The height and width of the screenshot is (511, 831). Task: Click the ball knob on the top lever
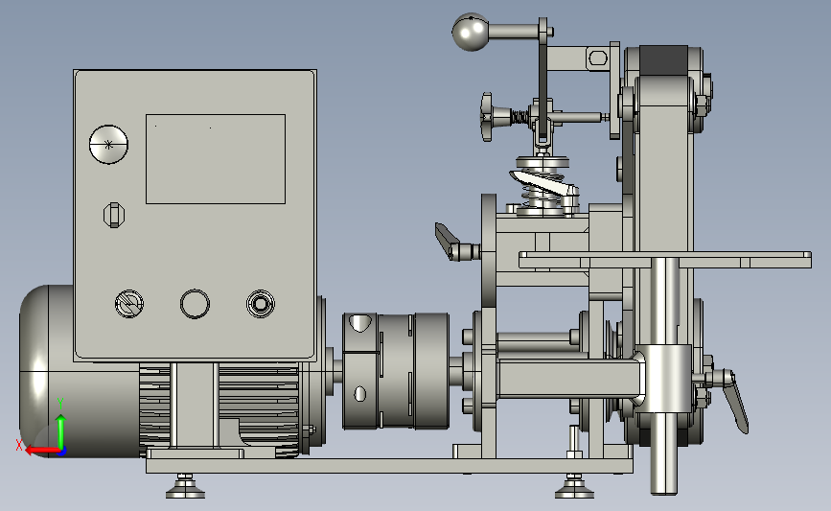[471, 33]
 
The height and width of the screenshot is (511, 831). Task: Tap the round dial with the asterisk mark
[108, 144]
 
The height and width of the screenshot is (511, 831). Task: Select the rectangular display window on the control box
[216, 159]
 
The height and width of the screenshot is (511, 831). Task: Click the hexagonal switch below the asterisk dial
[113, 215]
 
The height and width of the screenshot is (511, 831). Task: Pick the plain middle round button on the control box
[195, 304]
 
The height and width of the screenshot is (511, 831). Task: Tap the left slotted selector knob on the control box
[129, 304]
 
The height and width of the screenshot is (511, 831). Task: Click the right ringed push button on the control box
[261, 304]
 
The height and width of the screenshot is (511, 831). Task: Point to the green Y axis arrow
[61, 424]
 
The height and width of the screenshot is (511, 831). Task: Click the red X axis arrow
[42, 451]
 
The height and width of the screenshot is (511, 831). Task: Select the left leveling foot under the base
[185, 487]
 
